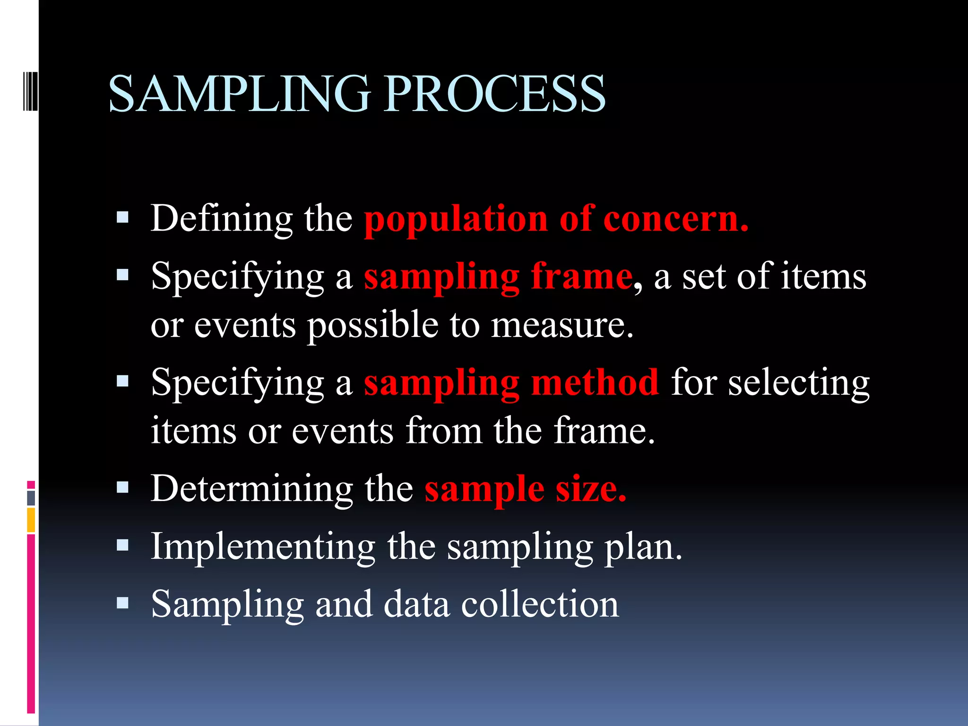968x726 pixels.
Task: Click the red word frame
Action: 581,277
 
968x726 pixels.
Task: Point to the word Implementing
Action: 263,547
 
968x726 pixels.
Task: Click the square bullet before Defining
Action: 122,217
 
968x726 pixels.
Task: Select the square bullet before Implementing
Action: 122,545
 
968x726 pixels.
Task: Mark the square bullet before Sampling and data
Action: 122,603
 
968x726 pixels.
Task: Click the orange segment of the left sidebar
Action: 31,520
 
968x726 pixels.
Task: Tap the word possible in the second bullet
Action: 373,326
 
